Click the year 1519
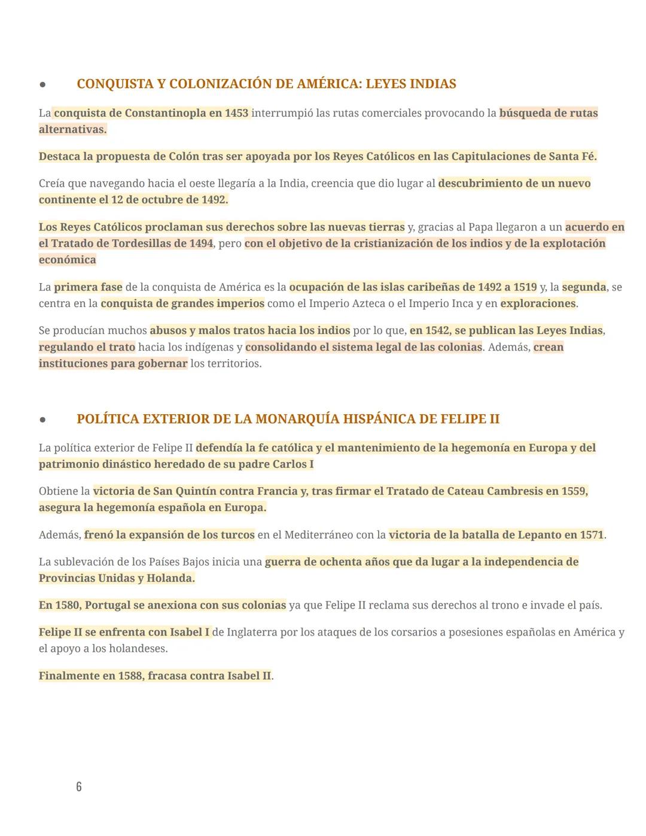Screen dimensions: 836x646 [x=525, y=287]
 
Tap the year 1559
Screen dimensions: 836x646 [x=574, y=491]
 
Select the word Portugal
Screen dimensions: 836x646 [x=108, y=605]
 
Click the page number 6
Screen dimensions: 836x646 [x=79, y=786]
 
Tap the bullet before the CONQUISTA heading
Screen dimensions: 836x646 [x=42, y=84]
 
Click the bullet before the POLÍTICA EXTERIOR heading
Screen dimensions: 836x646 [x=42, y=419]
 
